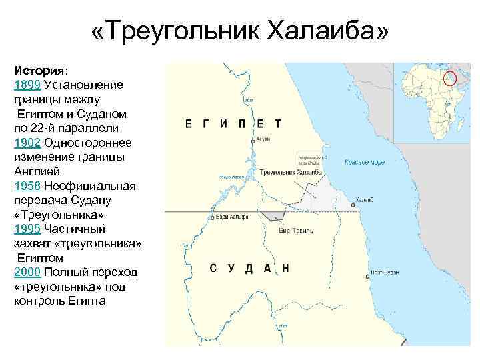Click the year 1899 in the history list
tap(27, 85)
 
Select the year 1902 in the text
tap(27, 143)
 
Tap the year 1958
tap(27, 186)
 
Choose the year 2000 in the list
tap(27, 273)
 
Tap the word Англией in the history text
tap(35, 171)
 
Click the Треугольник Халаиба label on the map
tap(291, 172)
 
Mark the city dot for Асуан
tap(253, 142)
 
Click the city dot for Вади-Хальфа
tap(213, 217)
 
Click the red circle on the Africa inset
tap(451, 78)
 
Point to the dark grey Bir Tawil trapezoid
tap(273, 216)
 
